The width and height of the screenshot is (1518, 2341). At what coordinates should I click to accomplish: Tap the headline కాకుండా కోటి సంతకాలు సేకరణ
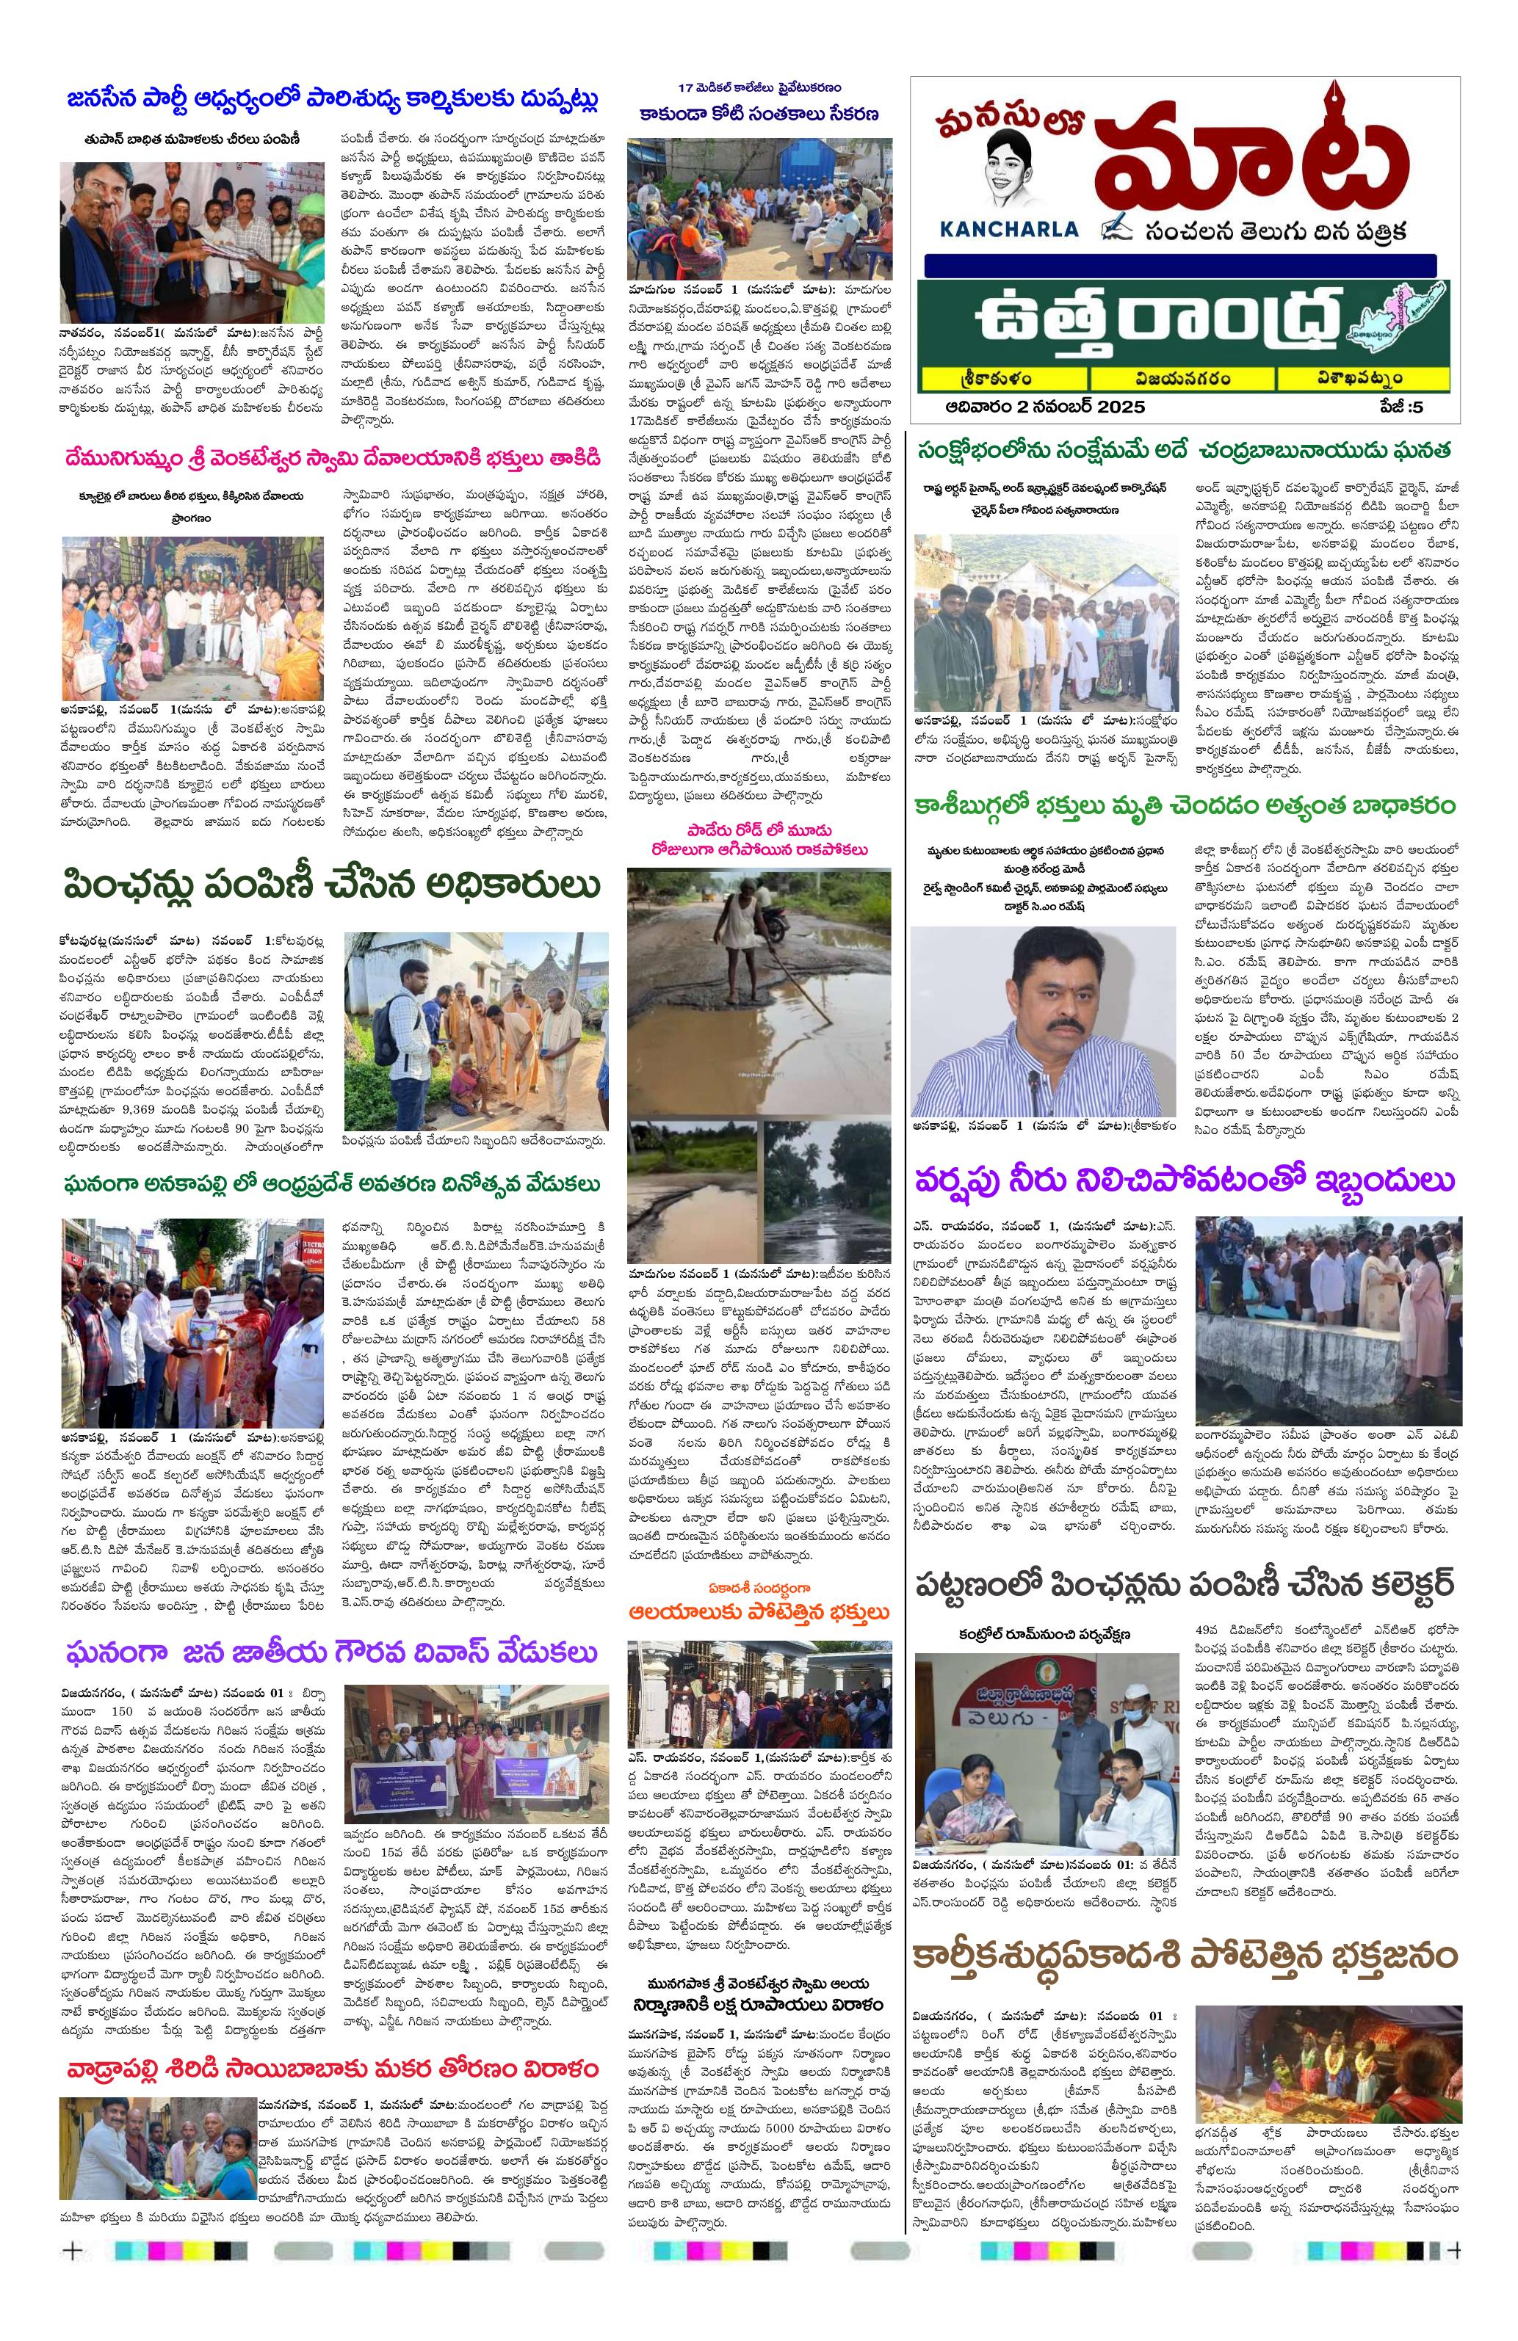(757, 114)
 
